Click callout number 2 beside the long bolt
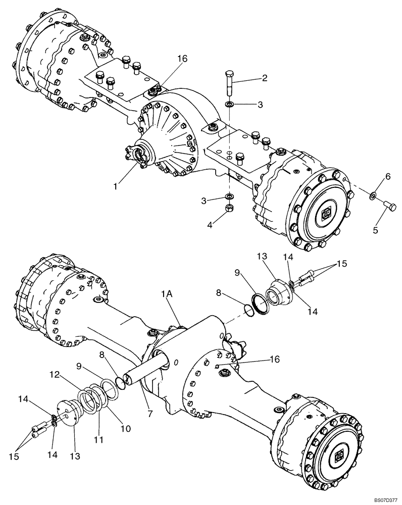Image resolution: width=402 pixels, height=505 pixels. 264,78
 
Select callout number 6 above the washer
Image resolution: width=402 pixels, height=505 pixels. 388,176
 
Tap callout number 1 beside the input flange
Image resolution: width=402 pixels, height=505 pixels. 115,186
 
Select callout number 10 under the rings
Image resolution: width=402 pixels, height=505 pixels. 125,428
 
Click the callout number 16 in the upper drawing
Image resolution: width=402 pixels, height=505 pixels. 182,59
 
